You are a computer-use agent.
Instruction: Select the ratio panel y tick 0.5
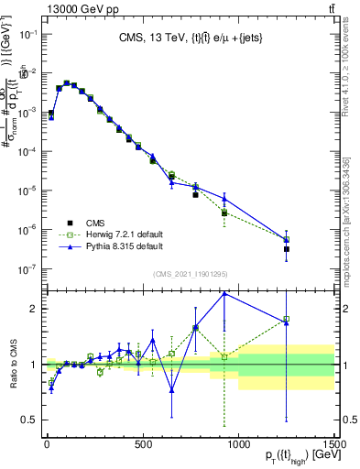coord(30,420)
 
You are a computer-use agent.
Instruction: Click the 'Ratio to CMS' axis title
coord(13,365)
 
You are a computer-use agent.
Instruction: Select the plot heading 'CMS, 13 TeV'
coord(190,38)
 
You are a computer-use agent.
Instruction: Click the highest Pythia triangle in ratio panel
coord(224,293)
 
